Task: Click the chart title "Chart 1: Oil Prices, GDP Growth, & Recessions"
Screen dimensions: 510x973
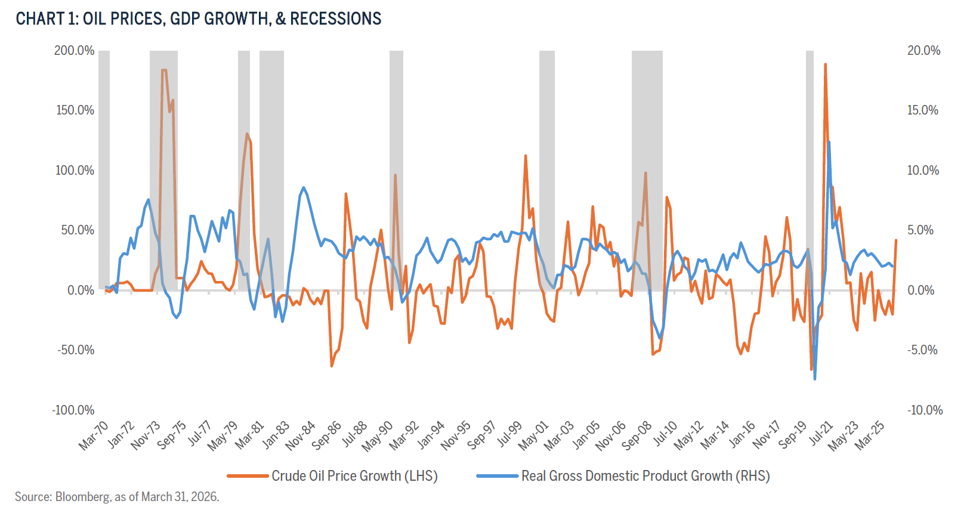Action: (198, 19)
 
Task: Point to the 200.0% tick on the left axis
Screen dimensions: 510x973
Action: (75, 51)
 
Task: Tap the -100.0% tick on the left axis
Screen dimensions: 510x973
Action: (73, 410)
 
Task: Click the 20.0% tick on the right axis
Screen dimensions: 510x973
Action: (923, 51)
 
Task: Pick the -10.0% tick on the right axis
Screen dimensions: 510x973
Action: (925, 410)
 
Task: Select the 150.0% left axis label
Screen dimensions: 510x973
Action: (75, 110)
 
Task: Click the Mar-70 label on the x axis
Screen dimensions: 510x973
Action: (94, 435)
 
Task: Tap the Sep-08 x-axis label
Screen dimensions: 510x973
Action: (637, 435)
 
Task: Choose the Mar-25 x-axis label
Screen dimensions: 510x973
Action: (870, 435)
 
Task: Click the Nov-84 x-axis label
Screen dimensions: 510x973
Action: (301, 435)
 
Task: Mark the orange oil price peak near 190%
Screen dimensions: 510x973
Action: (825, 64)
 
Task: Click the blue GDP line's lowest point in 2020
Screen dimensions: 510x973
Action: (815, 379)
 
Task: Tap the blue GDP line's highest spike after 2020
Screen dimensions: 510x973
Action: (829, 142)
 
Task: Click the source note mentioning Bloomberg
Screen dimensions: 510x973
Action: (117, 497)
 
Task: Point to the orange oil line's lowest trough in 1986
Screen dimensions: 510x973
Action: (332, 366)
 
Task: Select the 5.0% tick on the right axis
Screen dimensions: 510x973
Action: (921, 230)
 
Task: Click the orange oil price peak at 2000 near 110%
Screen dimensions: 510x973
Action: (526, 156)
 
